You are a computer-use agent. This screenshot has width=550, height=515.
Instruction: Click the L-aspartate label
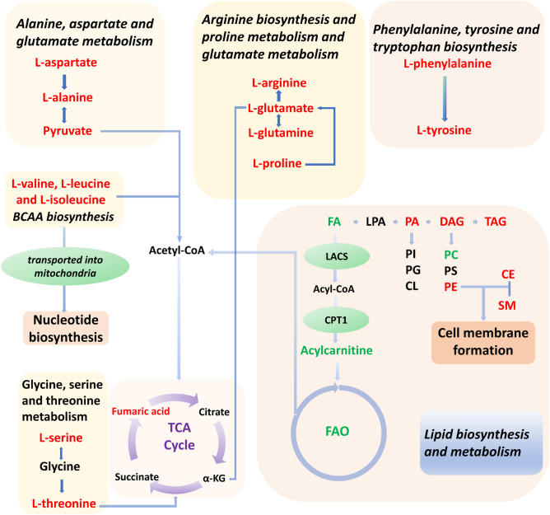pyautogui.click(x=67, y=62)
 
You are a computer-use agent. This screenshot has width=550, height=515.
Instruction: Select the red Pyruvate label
pyautogui.click(x=67, y=130)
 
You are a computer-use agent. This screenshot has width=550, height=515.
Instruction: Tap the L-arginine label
pyautogui.click(x=279, y=83)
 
